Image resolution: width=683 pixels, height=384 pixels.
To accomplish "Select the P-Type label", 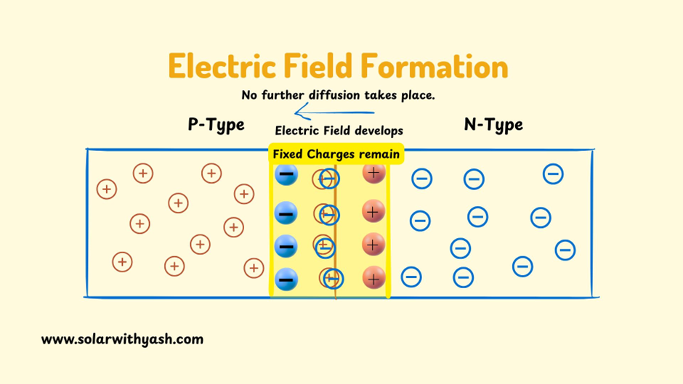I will click(x=216, y=125).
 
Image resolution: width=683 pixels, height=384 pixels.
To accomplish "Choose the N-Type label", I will click(x=493, y=125).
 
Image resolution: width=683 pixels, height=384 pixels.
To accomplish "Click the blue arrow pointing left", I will click(x=334, y=113).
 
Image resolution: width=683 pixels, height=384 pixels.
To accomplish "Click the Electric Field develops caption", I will click(x=339, y=131).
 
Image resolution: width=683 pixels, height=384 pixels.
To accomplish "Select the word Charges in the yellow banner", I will click(x=334, y=154).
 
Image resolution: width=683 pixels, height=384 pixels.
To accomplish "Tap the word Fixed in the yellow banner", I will click(x=288, y=154).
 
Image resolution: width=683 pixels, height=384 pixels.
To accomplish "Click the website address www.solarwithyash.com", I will click(x=122, y=339).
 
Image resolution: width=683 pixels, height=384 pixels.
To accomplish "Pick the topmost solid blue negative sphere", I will click(x=286, y=175).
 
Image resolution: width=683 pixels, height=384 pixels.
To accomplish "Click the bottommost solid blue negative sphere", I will click(x=286, y=279).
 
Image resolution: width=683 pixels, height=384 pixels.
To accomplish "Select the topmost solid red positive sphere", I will click(x=373, y=173).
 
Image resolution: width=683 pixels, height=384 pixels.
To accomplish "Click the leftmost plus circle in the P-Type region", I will click(x=107, y=189).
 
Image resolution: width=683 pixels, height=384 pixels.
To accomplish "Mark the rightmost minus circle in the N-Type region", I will click(x=565, y=250).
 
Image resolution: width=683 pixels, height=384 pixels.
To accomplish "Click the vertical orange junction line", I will click(x=336, y=240).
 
